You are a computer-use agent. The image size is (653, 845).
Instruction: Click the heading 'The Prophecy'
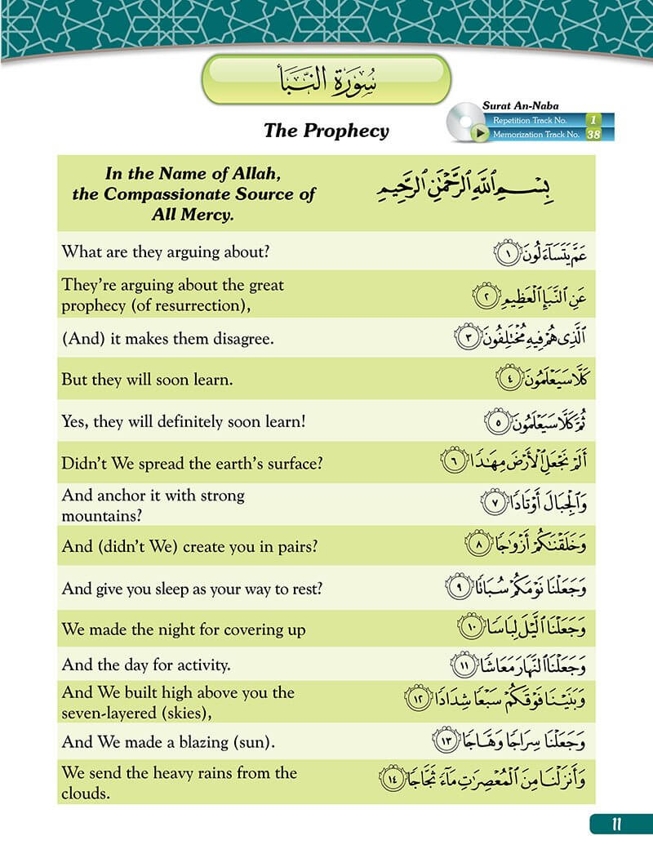pos(326,131)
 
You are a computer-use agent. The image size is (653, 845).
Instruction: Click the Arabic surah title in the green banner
pos(326,80)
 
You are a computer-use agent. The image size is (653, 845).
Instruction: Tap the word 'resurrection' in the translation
pos(203,305)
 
